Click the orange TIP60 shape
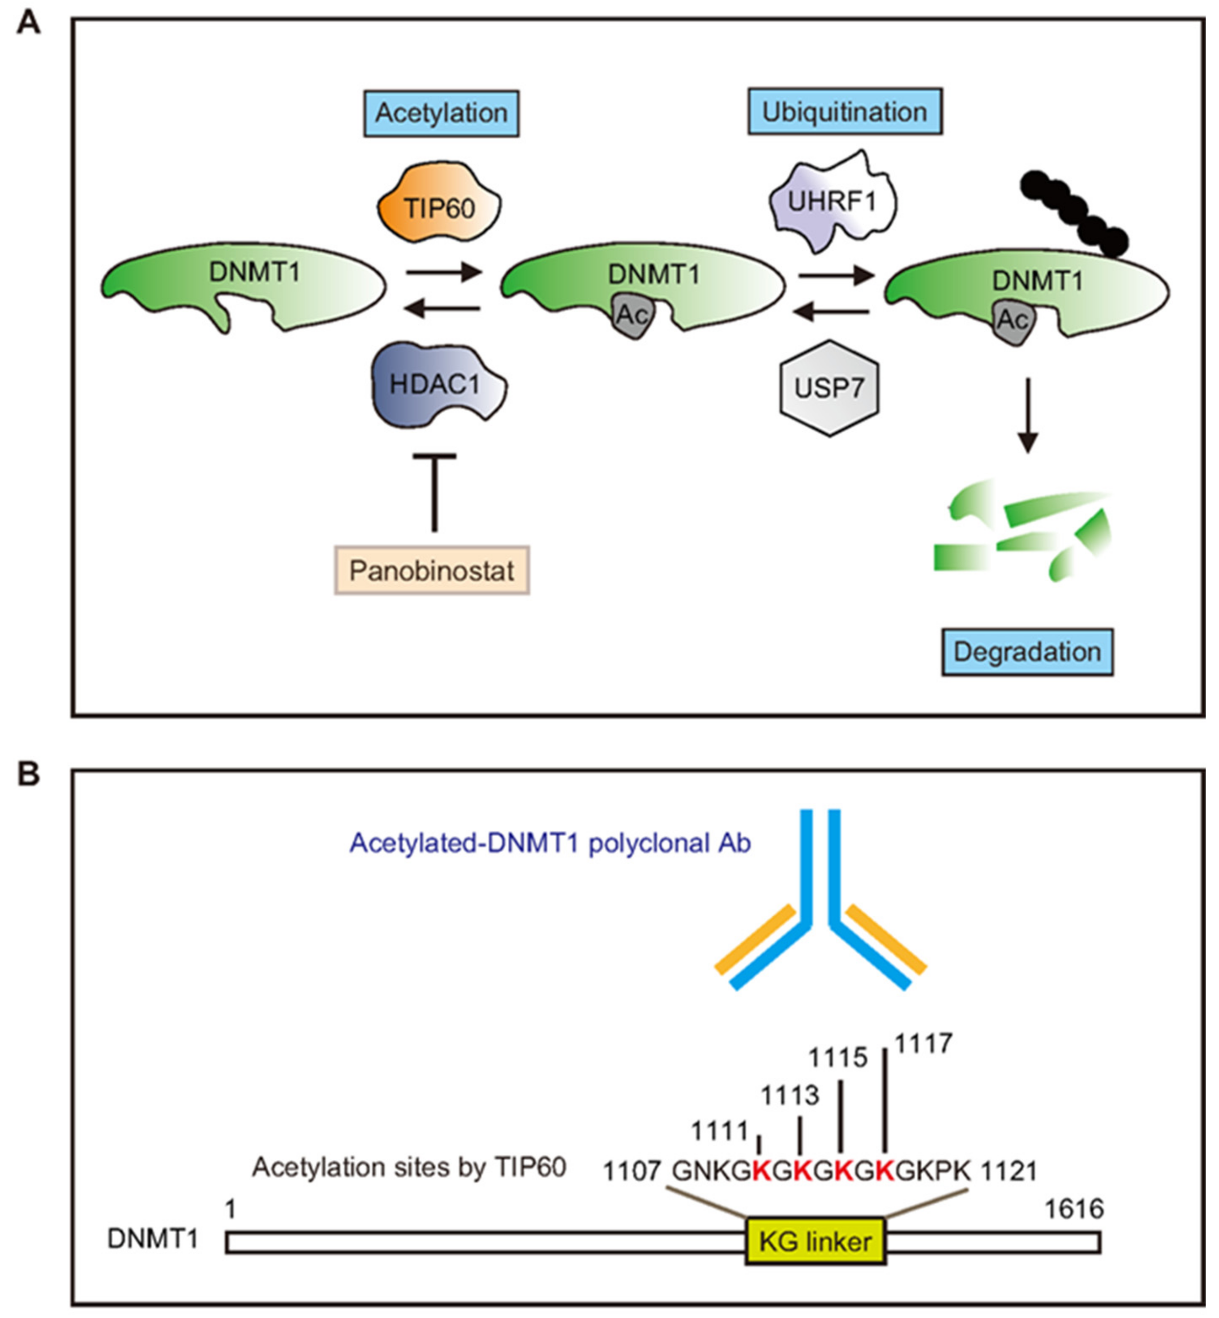coord(439,206)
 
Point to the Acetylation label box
coord(441,113)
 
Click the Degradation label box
coord(1027,652)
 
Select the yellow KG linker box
coord(816,1241)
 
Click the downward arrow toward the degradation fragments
coord(1027,416)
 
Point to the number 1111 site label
coord(719,1132)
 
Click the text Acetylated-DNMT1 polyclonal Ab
coord(550,843)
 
